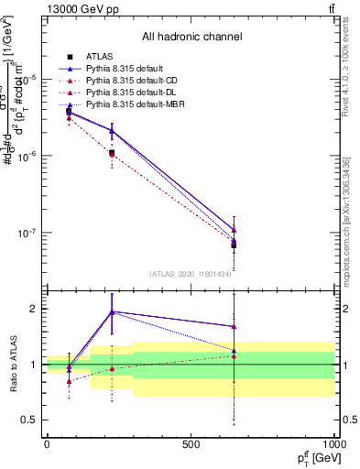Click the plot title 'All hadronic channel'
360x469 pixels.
coord(191,37)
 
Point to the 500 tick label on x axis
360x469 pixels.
coord(191,444)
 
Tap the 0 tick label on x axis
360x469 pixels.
coord(47,444)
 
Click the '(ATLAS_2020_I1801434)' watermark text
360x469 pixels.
coord(191,274)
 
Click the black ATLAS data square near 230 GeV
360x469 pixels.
coord(112,153)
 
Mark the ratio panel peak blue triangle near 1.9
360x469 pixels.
coord(112,312)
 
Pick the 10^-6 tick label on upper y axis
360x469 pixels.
coord(30,156)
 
